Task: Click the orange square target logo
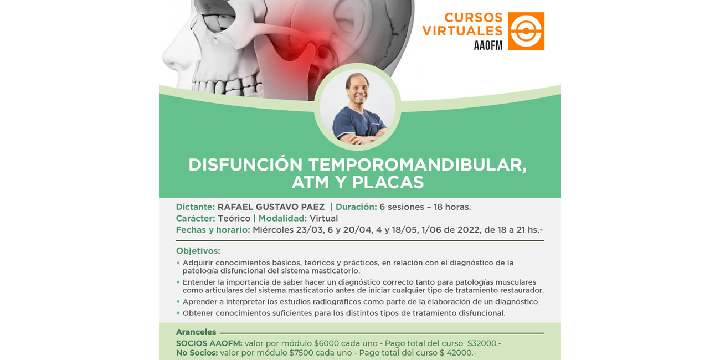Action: click(526, 31)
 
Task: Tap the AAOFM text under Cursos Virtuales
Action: click(488, 45)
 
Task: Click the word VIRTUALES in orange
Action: click(462, 31)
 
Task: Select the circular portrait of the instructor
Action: click(357, 107)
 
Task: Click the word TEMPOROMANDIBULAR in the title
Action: click(418, 165)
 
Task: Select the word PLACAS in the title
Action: click(388, 182)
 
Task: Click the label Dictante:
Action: click(195, 207)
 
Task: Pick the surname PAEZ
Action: click(312, 207)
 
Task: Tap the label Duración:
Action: click(356, 207)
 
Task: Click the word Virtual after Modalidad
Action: click(323, 219)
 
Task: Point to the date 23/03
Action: click(310, 230)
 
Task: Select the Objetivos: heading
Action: click(198, 251)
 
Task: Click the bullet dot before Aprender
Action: click(178, 301)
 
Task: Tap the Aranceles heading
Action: click(196, 332)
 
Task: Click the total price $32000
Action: click(484, 343)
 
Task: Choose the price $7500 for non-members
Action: click(301, 353)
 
